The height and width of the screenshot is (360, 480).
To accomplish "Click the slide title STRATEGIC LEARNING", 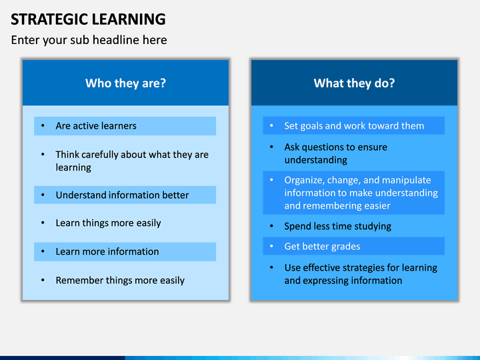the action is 88,19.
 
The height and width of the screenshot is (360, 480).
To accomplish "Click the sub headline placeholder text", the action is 89,40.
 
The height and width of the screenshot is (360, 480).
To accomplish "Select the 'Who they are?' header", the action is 125,83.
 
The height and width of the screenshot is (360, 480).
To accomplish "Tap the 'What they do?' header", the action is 354,83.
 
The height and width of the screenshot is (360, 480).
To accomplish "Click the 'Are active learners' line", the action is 96,126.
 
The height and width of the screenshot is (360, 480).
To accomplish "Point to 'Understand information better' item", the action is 122,195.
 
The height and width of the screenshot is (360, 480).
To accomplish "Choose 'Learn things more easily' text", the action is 108,223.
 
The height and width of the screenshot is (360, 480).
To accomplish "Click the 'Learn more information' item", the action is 107,251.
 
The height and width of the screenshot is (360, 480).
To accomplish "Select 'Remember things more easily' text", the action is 120,280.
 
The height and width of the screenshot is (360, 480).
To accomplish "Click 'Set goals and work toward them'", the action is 354,126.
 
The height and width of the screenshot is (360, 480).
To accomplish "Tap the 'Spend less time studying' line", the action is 337,226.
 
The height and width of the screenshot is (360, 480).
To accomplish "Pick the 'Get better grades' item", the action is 322,247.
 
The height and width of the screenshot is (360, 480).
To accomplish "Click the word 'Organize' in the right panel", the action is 304,180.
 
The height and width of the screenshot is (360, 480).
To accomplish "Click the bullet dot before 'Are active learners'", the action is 43,126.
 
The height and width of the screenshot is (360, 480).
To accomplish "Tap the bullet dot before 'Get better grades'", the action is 271,246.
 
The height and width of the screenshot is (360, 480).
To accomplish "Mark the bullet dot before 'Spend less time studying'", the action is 271,226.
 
